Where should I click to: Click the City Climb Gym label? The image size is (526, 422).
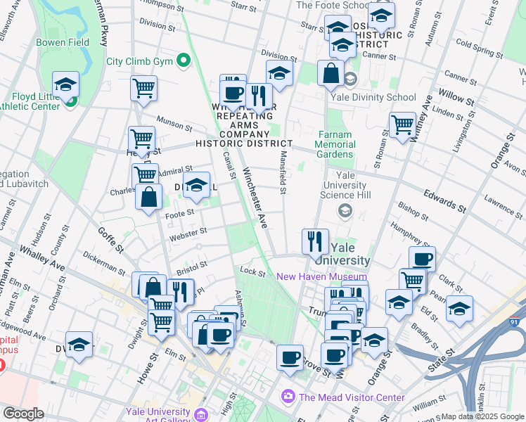point(139,60)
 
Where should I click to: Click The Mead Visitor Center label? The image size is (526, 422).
point(352,397)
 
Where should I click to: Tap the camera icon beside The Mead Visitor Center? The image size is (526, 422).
point(288,397)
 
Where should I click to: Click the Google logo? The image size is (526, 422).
point(23,413)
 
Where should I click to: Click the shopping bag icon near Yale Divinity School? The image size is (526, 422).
point(331,72)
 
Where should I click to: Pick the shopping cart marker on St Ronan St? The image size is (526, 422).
point(402,124)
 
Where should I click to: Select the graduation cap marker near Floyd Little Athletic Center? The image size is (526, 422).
point(65,84)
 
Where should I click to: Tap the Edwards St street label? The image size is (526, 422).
point(444,200)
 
